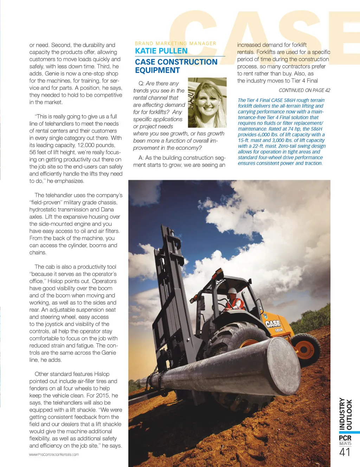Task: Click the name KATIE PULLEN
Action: click(161, 51)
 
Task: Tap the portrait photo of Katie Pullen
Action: click(207, 103)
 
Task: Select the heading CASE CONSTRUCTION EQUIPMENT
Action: click(176, 66)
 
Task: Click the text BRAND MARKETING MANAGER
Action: click(175, 43)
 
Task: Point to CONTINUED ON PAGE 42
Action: click(304, 90)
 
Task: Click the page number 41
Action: click(345, 452)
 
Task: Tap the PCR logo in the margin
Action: click(345, 438)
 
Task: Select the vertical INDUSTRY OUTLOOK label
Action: click(345, 414)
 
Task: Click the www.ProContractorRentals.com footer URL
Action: click(54, 454)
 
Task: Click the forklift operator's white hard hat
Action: click(232, 291)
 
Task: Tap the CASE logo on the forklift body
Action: click(272, 324)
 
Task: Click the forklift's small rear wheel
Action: click(306, 349)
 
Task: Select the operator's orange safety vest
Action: click(235, 303)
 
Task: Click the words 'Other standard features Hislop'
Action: click(72, 374)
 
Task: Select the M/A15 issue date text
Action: click(345, 443)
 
